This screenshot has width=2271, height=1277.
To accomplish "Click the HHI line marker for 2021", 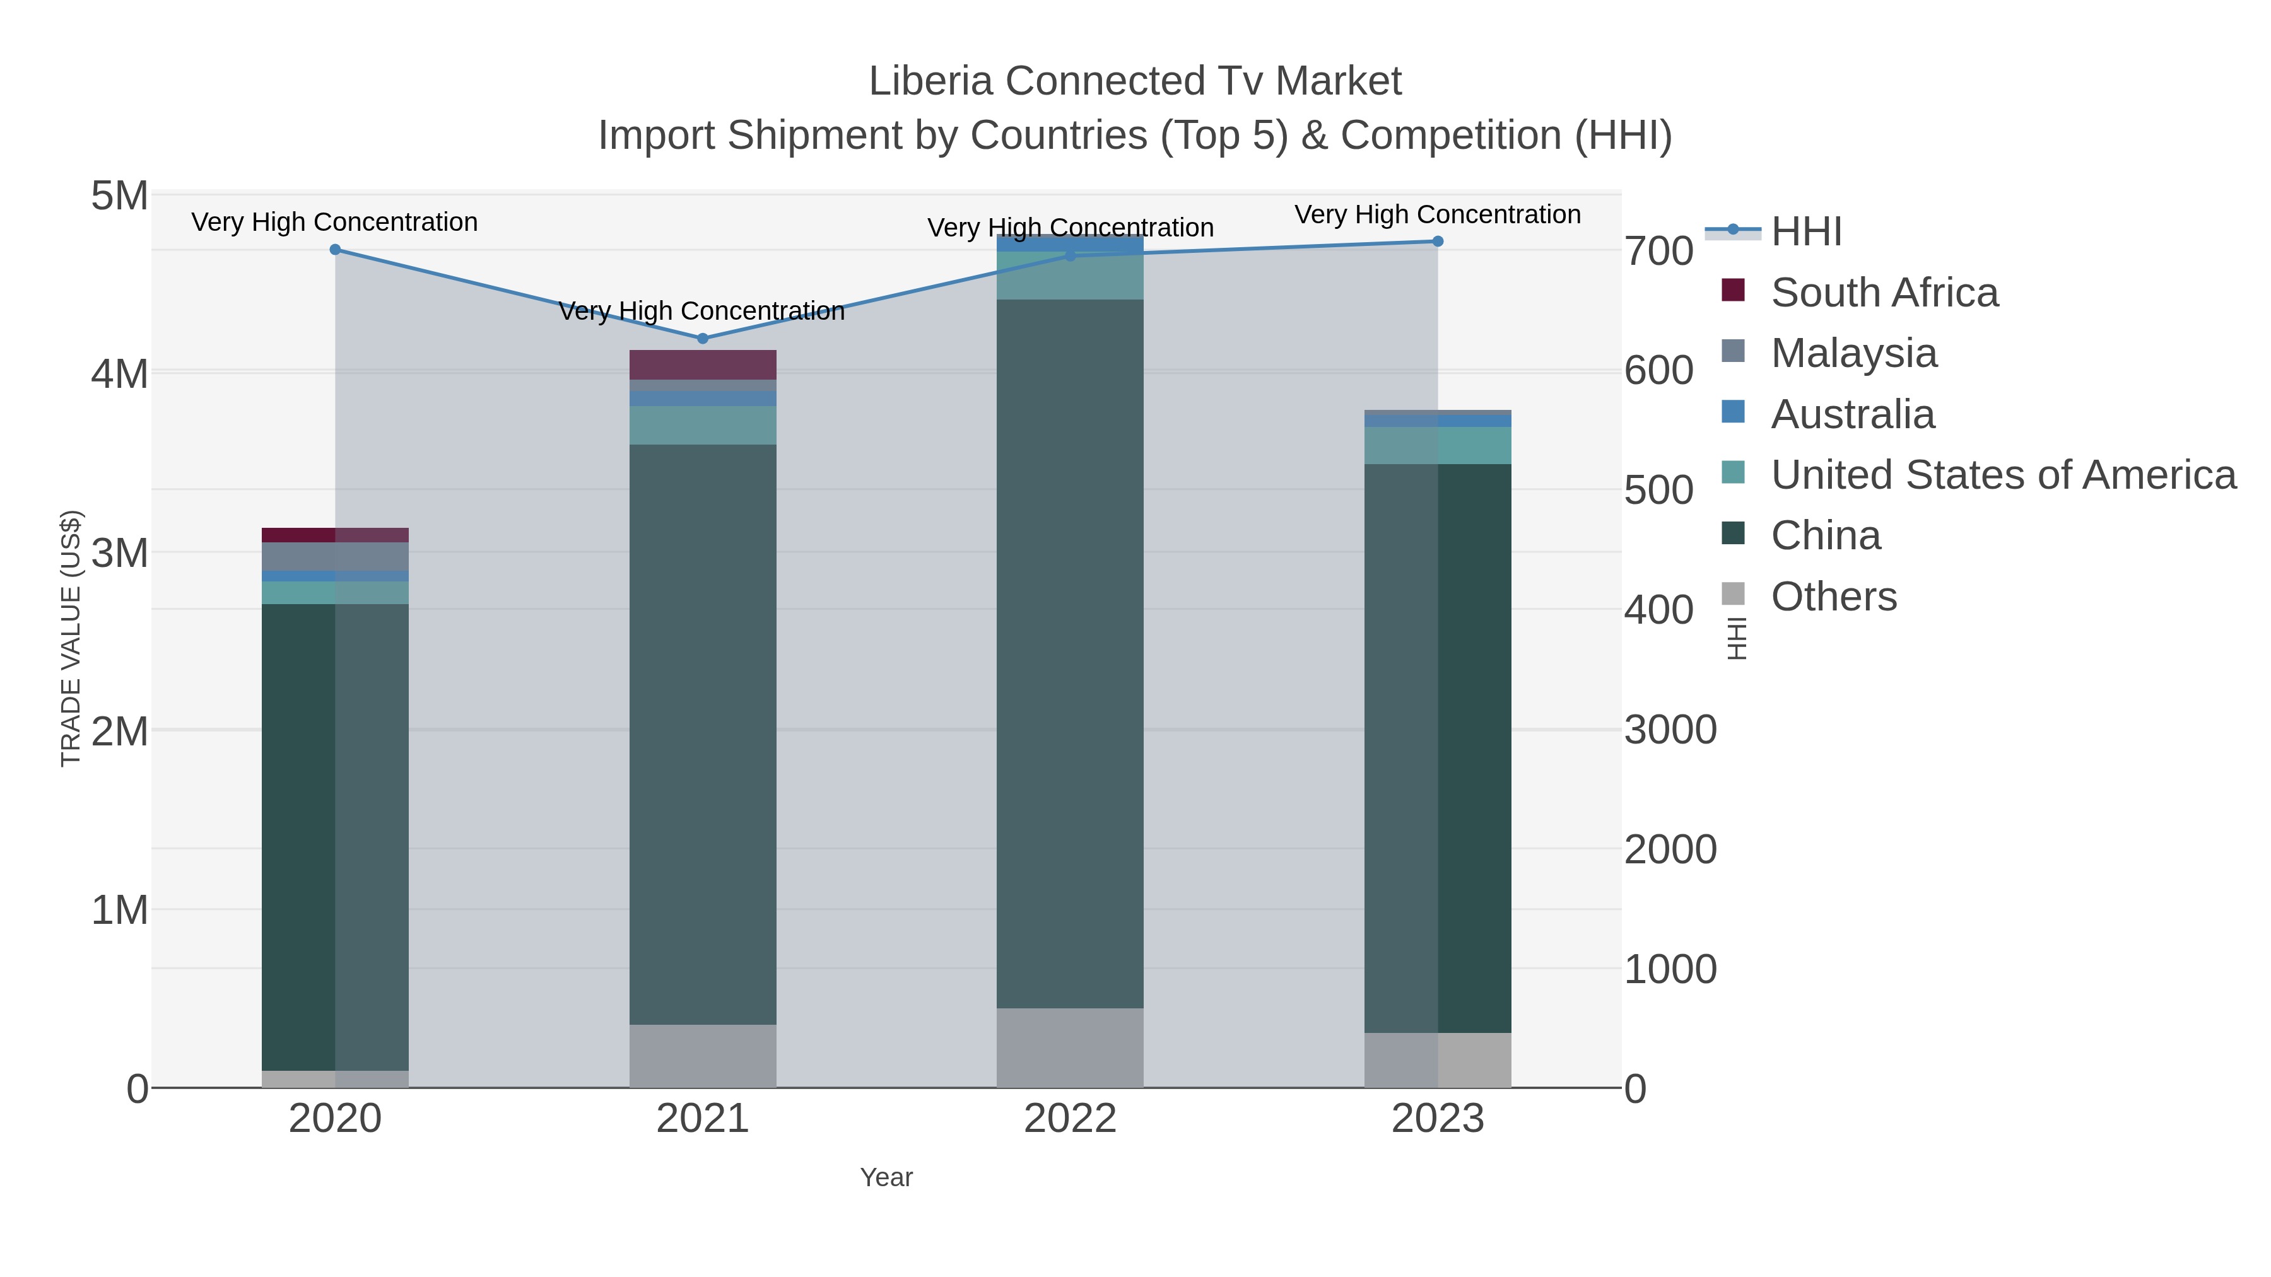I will click(703, 339).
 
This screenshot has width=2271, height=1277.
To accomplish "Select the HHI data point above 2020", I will click(335, 249).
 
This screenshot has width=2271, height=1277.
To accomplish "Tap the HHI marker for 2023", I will click(1438, 242).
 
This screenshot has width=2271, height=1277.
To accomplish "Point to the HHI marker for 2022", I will click(1071, 255).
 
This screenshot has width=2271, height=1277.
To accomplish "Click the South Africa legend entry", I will click(1884, 293).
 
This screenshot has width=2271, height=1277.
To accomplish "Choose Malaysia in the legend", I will click(1853, 353).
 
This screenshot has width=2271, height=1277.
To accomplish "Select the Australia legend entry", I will click(1852, 414).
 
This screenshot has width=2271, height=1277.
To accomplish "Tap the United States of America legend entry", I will click(2003, 475).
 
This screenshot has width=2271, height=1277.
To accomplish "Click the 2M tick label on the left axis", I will click(120, 732).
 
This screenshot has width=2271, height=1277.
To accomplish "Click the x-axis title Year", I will click(886, 1177).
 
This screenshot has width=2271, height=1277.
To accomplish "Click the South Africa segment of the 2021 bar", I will click(703, 365).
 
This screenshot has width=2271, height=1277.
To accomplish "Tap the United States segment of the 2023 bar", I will click(1438, 445).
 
